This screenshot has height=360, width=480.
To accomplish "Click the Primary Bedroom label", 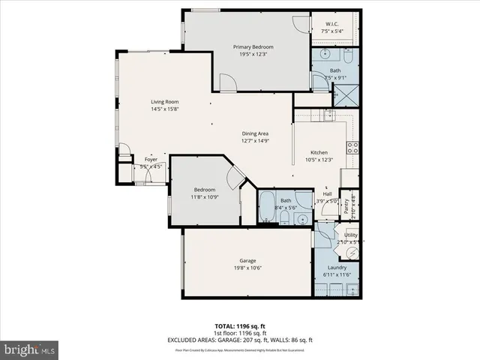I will (247, 46).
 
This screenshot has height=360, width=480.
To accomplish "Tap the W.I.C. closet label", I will (331, 23).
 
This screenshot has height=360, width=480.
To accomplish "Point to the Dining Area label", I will (255, 133).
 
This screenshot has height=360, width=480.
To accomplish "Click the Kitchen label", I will (319, 152).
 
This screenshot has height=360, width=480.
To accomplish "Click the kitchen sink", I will (328, 114).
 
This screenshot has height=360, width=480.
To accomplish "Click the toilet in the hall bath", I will (286, 218).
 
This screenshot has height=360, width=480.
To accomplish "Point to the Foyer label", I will (151, 160).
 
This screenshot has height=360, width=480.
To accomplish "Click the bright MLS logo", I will (30, 349).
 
